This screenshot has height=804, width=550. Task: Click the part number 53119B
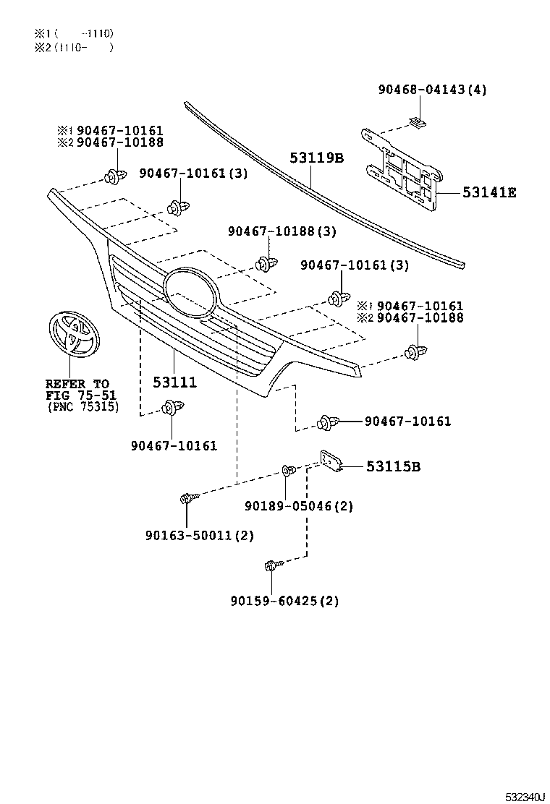tap(317, 158)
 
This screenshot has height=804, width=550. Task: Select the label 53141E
tap(489, 192)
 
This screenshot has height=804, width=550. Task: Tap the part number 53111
tap(174, 382)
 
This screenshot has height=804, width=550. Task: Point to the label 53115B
tap(393, 467)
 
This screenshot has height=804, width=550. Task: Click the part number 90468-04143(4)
tap(432, 90)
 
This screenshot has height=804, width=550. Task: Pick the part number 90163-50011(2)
tap(199, 535)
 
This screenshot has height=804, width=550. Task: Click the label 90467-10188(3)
tap(282, 231)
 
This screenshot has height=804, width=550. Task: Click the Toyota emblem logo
tap(72, 333)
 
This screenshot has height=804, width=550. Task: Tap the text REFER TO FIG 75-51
tap(77, 390)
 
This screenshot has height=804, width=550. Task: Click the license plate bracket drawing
tap(402, 170)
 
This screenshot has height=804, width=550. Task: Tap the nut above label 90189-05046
tap(289, 471)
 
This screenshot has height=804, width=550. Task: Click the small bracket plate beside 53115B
tap(331, 462)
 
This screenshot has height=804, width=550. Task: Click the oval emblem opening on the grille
tap(189, 292)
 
